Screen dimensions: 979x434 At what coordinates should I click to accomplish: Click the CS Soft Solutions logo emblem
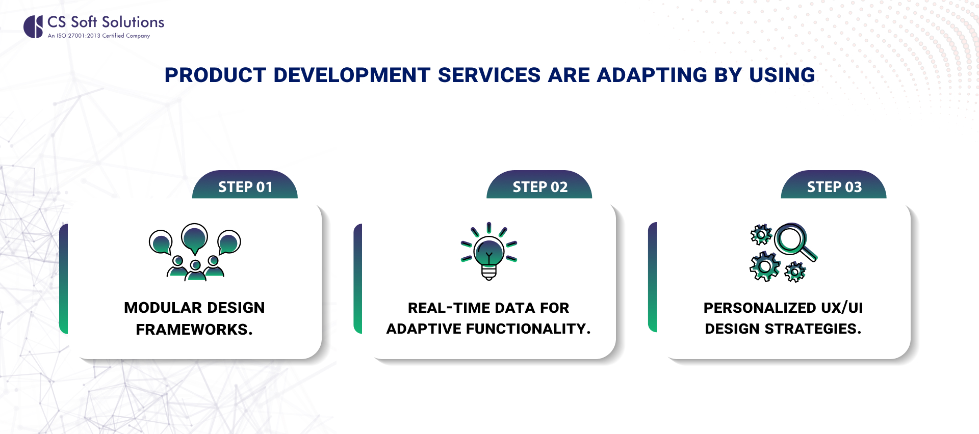33,26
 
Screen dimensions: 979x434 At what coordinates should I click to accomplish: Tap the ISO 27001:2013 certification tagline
99,36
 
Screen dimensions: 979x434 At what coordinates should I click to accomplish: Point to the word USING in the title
782,75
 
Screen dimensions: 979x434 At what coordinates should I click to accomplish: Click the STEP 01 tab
245,184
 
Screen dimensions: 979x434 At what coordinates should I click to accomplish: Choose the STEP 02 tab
539,184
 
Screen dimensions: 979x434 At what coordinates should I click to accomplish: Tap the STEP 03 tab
834,184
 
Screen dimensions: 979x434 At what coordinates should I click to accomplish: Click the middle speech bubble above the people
195,238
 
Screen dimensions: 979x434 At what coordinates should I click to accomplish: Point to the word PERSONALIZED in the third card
760,308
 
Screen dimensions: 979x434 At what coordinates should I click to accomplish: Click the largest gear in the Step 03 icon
765,266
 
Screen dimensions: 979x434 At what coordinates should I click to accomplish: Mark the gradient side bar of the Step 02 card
358,279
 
